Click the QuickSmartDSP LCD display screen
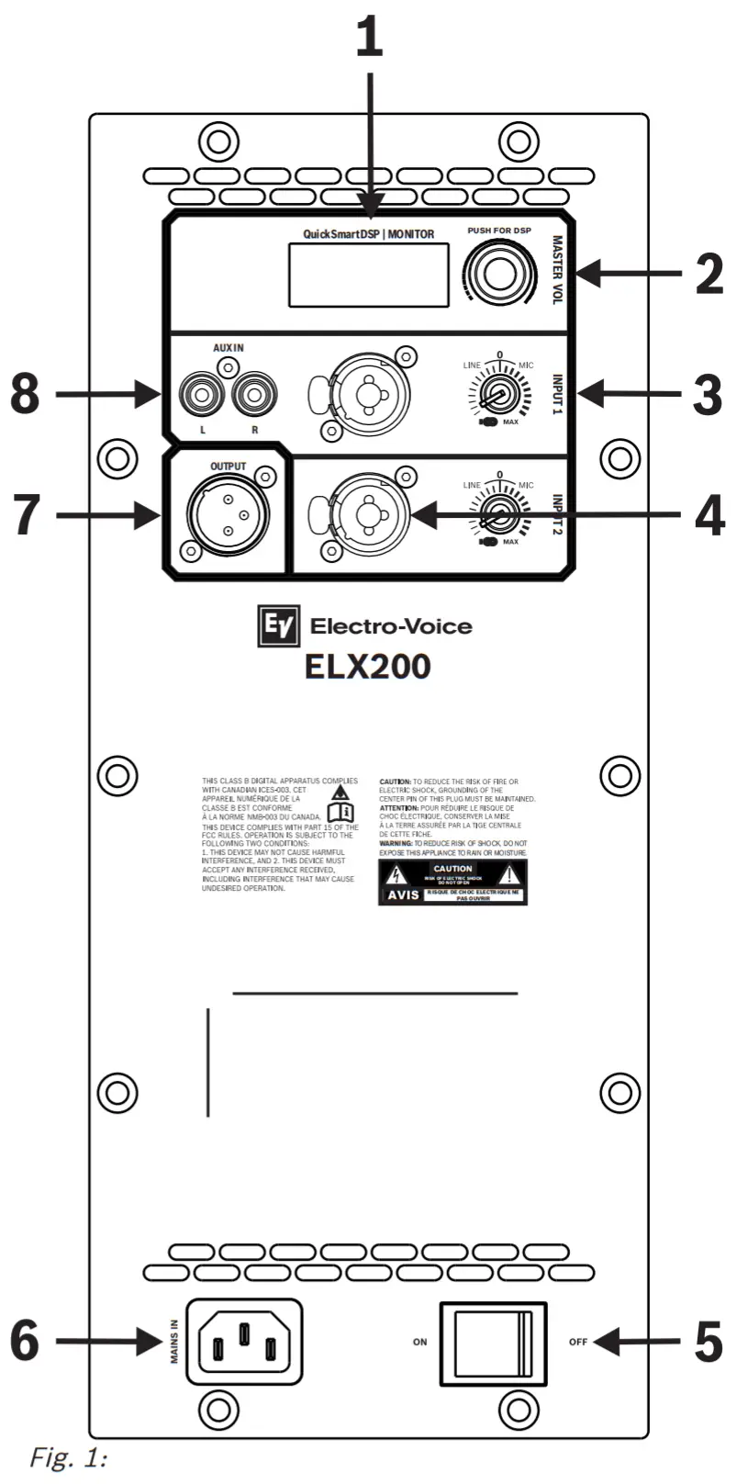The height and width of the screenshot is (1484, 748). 369,275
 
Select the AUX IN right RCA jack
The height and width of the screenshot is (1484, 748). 254,396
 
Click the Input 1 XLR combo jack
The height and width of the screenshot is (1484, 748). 370,393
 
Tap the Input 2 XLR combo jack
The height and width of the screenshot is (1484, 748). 370,515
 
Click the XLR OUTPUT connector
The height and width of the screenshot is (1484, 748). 227,515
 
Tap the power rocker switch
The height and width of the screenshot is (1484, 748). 493,1343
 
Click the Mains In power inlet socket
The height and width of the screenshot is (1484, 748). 244,1342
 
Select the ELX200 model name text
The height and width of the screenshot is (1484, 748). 368,667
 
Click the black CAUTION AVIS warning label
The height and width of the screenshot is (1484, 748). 452,882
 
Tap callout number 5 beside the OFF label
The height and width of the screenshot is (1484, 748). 708,1342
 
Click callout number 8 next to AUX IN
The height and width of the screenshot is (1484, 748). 25,395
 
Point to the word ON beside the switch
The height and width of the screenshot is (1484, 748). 419,1343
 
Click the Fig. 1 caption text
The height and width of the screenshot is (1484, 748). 69,1457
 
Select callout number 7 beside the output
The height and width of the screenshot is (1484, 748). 26,515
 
